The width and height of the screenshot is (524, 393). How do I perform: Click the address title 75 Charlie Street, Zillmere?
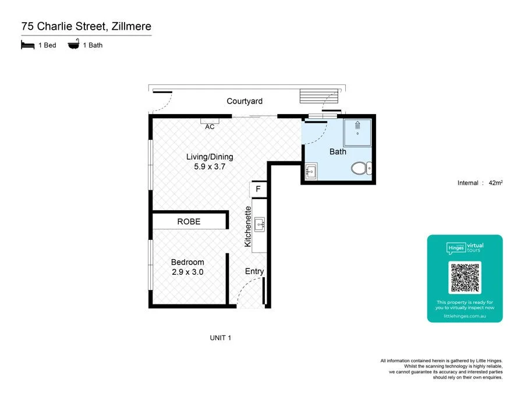(x=86, y=27)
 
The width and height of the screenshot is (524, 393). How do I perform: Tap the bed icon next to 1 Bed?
(x=27, y=45)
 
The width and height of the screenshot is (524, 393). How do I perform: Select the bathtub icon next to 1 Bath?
(x=74, y=45)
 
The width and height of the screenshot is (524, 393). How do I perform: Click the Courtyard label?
(x=245, y=101)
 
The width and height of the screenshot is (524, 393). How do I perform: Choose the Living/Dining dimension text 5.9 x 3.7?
(x=210, y=167)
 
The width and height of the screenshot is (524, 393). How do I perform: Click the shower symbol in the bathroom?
(x=357, y=133)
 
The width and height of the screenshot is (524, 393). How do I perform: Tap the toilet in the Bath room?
(x=360, y=169)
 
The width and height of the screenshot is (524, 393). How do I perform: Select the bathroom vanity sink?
(x=310, y=172)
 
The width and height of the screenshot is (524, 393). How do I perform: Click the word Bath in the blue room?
(x=338, y=152)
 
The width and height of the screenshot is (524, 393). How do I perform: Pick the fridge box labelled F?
(x=258, y=189)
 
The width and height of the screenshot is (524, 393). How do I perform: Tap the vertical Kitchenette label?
(x=248, y=226)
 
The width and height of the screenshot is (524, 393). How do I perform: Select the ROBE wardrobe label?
(x=189, y=222)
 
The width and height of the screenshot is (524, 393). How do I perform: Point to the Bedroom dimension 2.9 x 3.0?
(x=187, y=272)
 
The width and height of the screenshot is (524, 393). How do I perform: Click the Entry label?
(x=254, y=271)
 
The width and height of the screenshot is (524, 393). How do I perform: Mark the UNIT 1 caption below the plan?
(x=221, y=338)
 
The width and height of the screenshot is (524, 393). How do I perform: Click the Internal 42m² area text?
(x=480, y=183)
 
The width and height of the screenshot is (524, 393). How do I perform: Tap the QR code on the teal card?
(x=465, y=278)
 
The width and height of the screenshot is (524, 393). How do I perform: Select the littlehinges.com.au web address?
(x=465, y=316)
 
